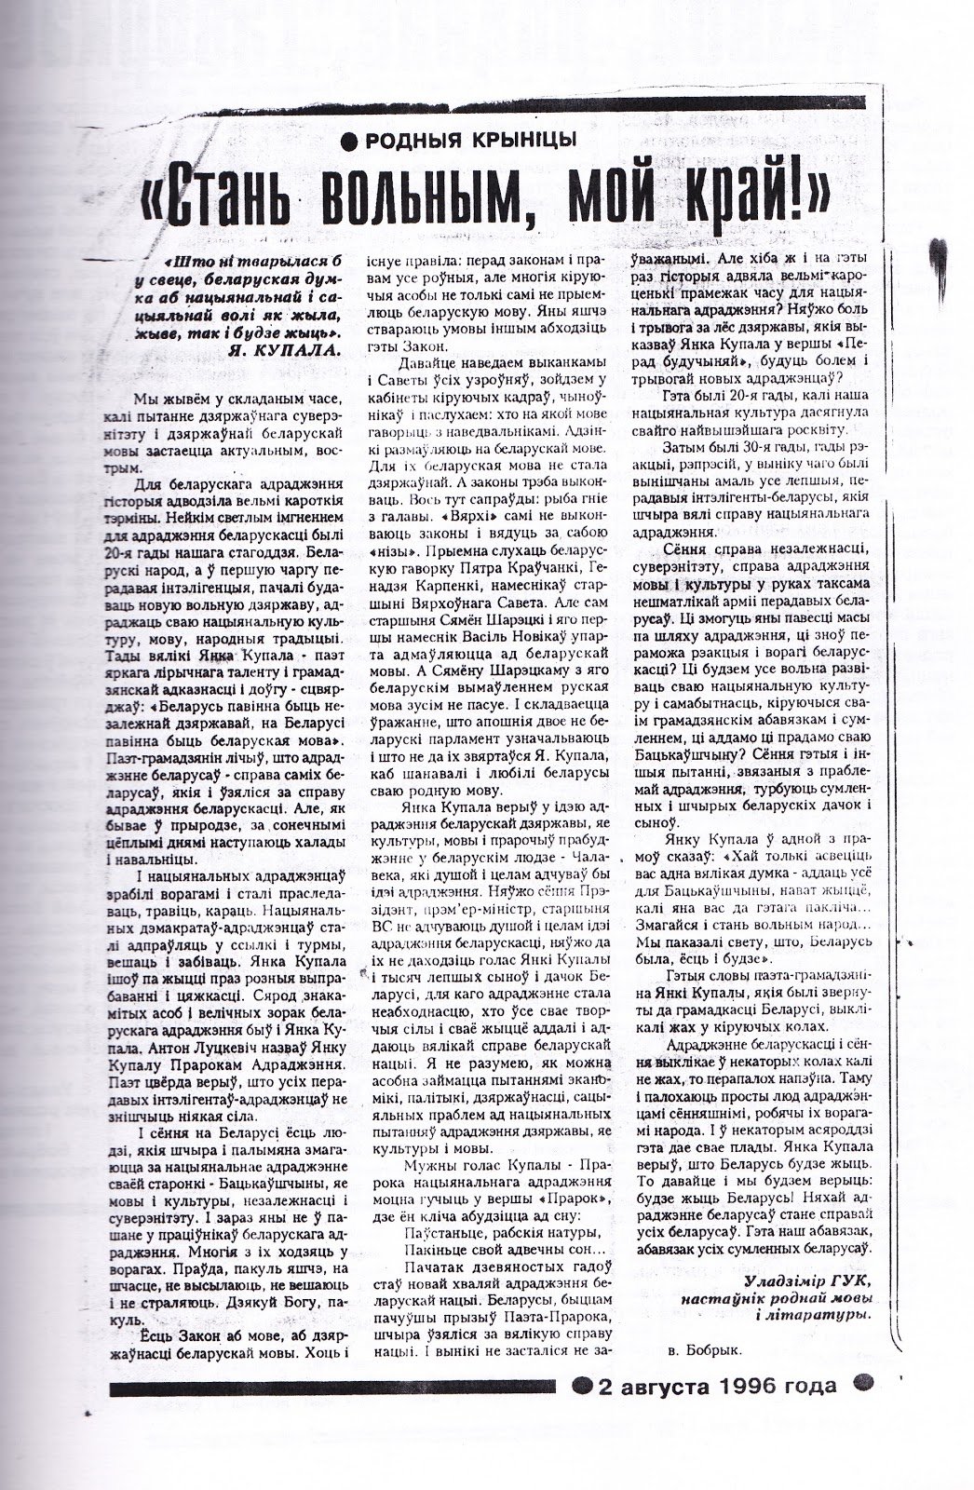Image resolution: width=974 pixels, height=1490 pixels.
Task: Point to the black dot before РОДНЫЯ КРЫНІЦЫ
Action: [x=349, y=141]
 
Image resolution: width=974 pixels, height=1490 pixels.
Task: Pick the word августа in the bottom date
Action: [x=662, y=1385]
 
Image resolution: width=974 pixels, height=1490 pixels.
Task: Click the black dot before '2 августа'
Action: [x=582, y=1385]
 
